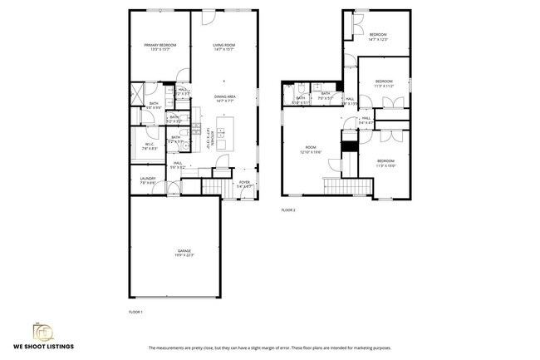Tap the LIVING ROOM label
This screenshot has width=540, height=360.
click(223, 47)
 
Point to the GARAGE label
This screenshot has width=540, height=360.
click(184, 252)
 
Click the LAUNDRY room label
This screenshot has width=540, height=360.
click(148, 180)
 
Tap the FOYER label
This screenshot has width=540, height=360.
click(244, 184)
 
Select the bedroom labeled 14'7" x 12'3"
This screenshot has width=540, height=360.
click(378, 37)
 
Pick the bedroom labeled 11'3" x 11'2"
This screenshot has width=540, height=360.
click(383, 83)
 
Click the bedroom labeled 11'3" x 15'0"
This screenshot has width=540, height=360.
click(385, 163)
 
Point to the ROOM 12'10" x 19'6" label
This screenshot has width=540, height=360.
click(312, 150)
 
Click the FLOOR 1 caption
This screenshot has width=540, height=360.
click(135, 311)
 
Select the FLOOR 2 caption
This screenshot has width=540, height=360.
click(288, 210)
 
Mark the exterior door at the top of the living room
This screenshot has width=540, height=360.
click(208, 17)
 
